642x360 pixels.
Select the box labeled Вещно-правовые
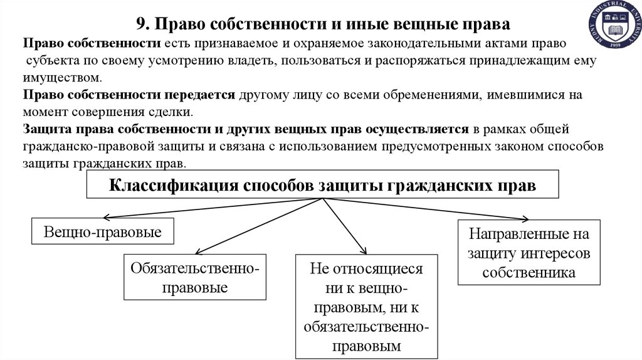point(103,233)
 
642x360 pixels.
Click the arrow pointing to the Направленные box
point(426,209)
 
